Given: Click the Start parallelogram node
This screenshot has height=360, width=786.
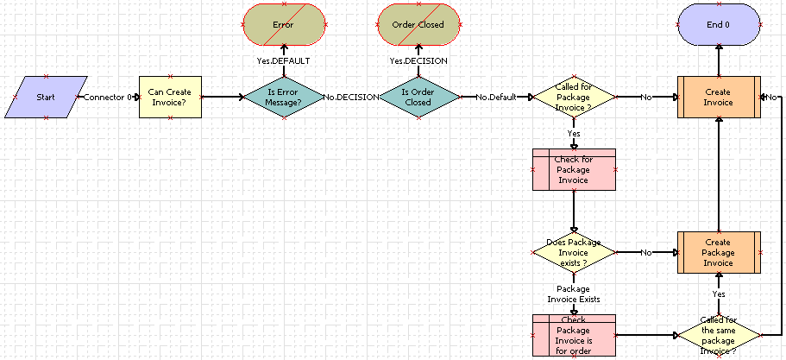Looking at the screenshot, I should (x=46, y=97).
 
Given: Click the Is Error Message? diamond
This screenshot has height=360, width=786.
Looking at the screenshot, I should (x=284, y=97).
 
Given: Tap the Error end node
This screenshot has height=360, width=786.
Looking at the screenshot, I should (x=284, y=25).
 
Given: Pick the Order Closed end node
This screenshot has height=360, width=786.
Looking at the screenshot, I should (x=418, y=25).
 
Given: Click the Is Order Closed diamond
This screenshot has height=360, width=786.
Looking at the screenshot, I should (x=418, y=97).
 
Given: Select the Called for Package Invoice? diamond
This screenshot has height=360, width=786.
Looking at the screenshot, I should (x=573, y=97).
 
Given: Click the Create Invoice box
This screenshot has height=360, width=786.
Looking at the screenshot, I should (x=719, y=97).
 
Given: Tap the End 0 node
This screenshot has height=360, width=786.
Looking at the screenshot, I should (x=719, y=25).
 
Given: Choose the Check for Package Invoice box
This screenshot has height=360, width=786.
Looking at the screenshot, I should (x=574, y=169).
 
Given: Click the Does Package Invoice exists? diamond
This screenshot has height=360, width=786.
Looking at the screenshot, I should (x=573, y=252).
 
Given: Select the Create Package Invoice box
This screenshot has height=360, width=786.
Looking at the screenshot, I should (x=719, y=252).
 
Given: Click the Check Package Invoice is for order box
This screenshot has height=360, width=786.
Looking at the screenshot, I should (x=574, y=334).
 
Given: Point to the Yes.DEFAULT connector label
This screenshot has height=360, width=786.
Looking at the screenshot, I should (x=284, y=61).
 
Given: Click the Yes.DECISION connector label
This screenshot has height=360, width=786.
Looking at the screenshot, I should (x=418, y=61).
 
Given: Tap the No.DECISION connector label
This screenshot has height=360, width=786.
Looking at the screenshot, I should (x=351, y=98).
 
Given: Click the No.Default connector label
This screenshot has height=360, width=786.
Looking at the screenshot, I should (x=495, y=98).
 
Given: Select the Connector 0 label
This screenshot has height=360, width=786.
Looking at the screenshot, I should (x=107, y=98).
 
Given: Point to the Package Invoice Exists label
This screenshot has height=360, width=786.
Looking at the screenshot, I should (x=574, y=294).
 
